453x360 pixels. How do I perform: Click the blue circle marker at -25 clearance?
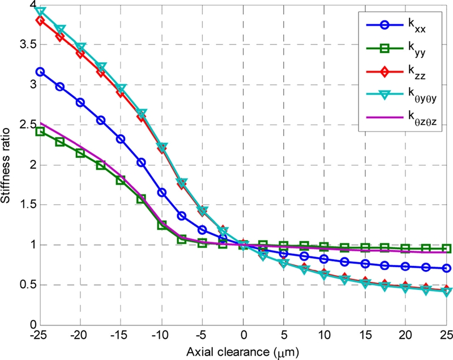(x=40, y=72)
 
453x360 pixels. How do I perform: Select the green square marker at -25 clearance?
(x=40, y=131)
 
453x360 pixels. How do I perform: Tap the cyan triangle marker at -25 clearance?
(x=40, y=11)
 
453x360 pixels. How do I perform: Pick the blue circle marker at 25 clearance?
(x=447, y=268)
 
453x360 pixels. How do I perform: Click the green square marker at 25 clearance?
(x=447, y=248)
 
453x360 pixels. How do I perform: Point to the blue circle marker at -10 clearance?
(x=162, y=192)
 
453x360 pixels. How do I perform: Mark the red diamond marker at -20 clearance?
(x=80, y=54)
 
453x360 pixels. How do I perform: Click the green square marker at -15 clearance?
(x=121, y=180)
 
